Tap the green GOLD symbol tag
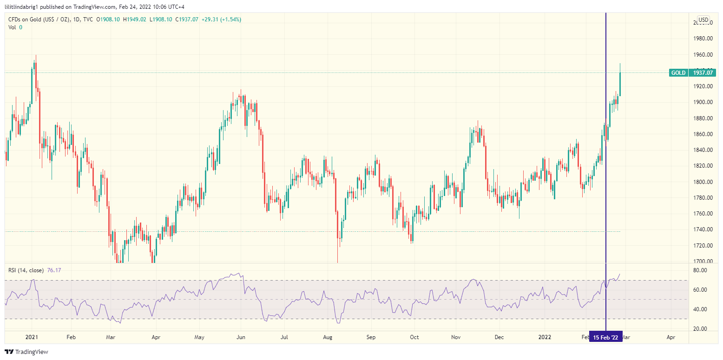point(678,72)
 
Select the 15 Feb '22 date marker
point(605,338)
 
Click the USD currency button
point(703,20)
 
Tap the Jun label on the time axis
point(241,338)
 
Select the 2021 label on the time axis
point(32,338)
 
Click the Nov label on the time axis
point(456,338)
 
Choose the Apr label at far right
point(670,338)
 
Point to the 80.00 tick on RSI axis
point(700,270)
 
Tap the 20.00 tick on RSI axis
point(700,329)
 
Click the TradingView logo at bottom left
point(26,352)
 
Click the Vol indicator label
point(13,27)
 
